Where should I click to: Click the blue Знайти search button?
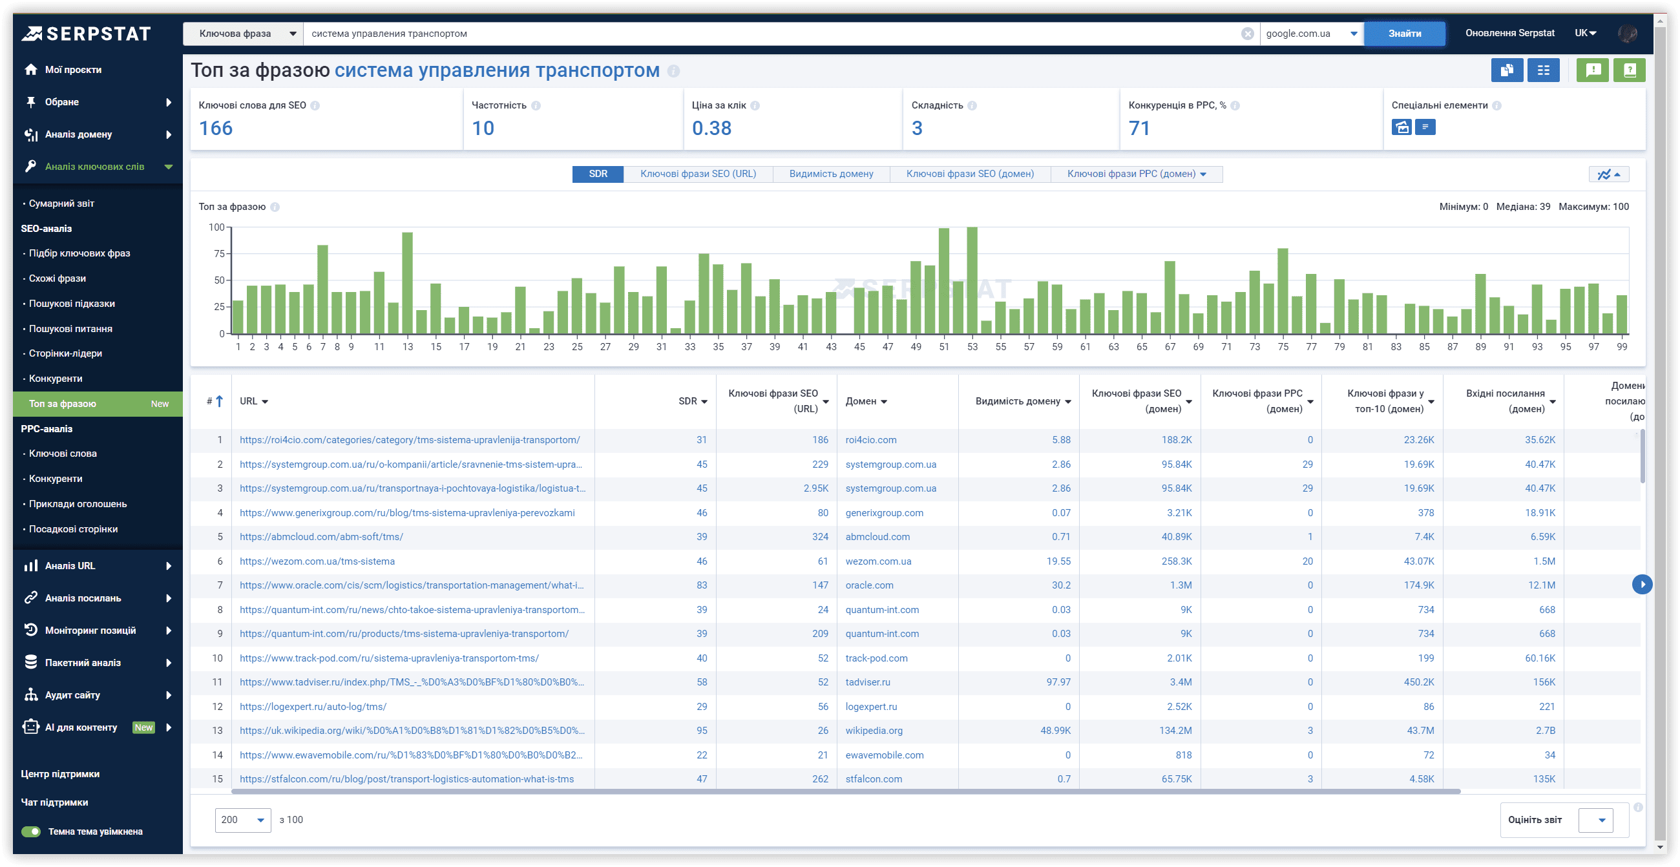(1404, 33)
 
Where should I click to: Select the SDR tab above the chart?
(598, 174)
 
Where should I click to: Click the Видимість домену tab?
(831, 174)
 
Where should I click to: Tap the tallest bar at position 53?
(972, 280)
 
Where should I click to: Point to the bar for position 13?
(408, 283)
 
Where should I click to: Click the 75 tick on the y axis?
(219, 254)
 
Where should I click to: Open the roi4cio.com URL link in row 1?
(410, 440)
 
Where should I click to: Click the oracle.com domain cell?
(869, 585)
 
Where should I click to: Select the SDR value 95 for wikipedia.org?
(702, 731)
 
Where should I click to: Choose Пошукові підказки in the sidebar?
(72, 304)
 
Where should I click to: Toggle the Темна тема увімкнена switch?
(30, 832)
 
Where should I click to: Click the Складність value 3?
(917, 129)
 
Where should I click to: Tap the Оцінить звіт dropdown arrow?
(1602, 820)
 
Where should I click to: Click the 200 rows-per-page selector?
(242, 820)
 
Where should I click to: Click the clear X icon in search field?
(1247, 34)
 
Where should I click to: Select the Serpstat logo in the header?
(86, 34)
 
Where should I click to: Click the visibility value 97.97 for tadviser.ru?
(1058, 682)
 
